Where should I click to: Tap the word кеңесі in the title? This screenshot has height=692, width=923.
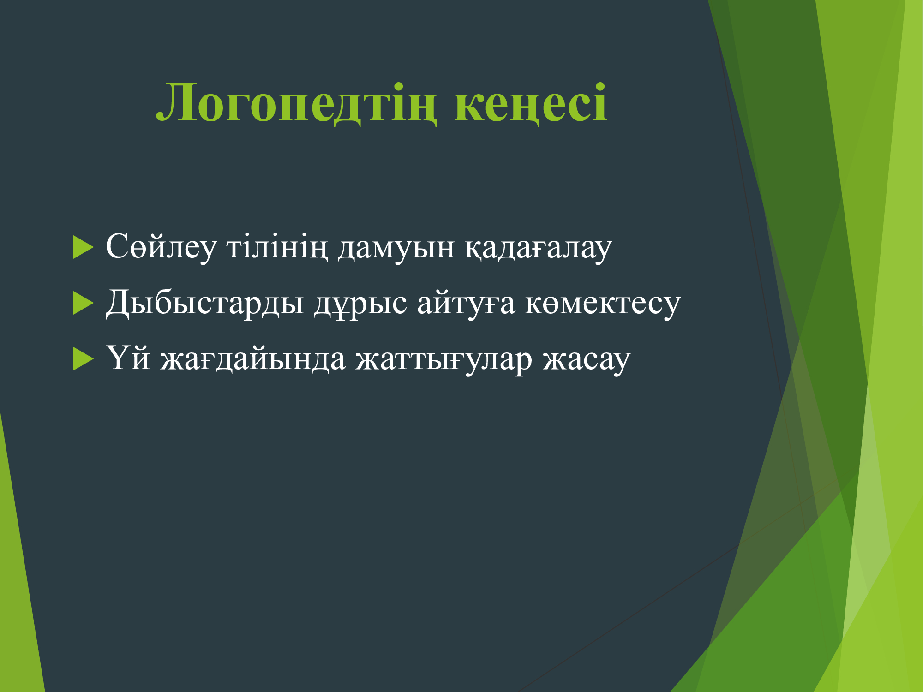coord(531,103)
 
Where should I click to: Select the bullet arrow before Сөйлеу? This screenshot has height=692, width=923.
coord(83,247)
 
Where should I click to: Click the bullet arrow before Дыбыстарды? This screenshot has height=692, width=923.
coord(83,304)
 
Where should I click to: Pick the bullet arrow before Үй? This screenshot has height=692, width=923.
coord(83,359)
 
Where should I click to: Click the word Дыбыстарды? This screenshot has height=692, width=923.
coord(205,304)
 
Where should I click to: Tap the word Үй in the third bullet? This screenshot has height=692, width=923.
coord(128,358)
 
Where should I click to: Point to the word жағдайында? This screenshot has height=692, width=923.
coord(253,359)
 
